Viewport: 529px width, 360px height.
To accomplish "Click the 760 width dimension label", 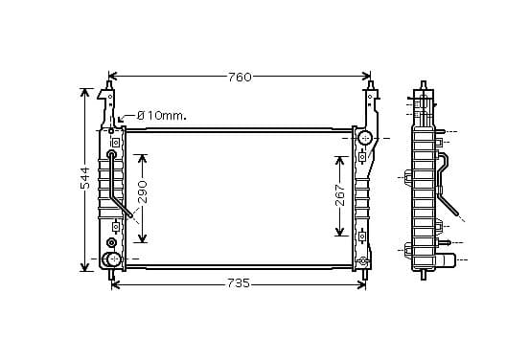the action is pos(240,78).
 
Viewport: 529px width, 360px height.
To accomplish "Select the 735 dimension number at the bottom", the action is pos(239,283).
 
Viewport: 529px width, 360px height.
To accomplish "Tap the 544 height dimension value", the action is pos(85,178).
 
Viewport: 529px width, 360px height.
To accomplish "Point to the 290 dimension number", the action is pos(143,191).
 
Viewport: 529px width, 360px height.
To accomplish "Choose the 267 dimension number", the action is pos(340,195).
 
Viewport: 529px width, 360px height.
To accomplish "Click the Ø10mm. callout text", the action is pos(162,116).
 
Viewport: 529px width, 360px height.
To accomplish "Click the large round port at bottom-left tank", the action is pos(112,259).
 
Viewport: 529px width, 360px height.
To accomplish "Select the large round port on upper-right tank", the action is pos(365,138).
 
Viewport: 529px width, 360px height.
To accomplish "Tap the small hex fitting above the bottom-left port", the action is pos(111,242).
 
